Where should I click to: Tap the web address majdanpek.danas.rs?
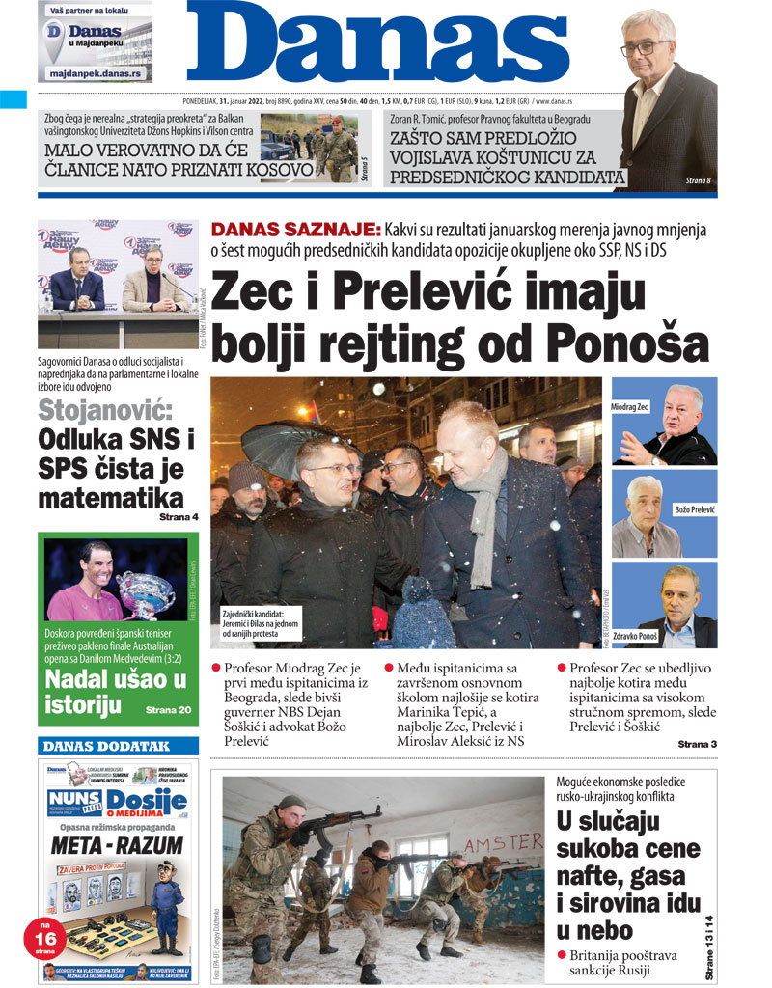pos(95,74)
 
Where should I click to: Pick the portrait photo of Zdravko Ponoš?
pos(664,606)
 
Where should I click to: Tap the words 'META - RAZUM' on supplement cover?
pos(118,845)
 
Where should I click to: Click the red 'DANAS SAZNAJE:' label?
pos(296,230)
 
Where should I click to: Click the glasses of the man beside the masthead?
pos(645,46)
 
